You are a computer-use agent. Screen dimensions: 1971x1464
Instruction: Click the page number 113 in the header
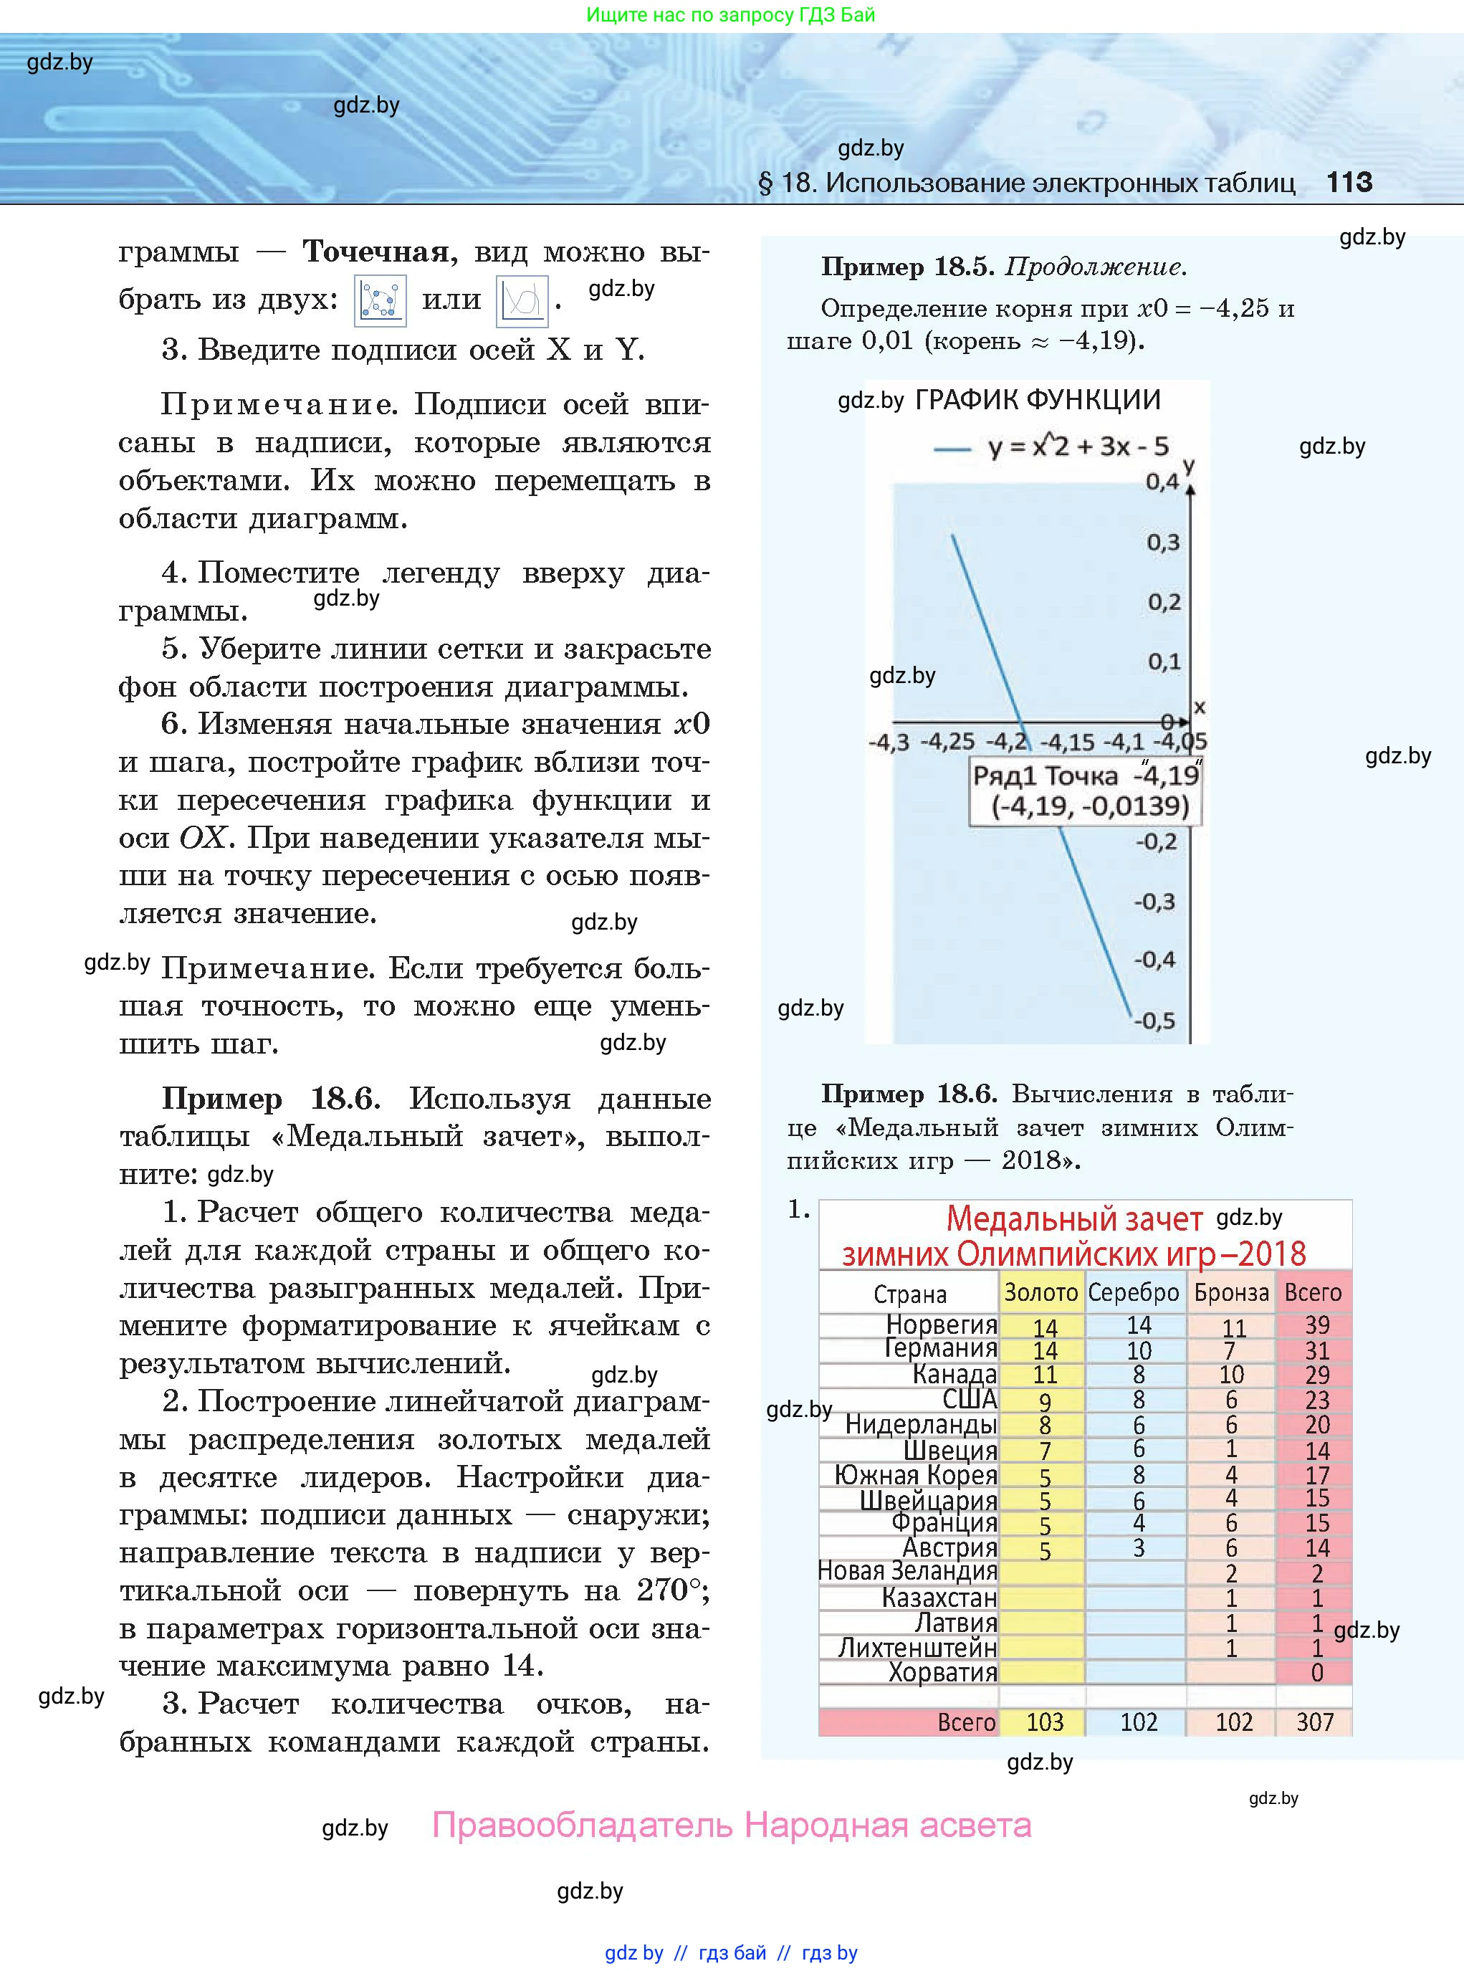(x=1349, y=183)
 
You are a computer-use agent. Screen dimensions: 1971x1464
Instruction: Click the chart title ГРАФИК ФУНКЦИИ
(x=1037, y=401)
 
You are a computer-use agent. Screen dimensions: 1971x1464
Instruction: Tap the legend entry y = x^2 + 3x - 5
(x=1078, y=447)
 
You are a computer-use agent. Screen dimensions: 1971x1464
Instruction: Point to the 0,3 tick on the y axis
(x=1163, y=543)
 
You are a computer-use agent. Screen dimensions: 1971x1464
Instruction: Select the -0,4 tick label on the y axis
(x=1154, y=960)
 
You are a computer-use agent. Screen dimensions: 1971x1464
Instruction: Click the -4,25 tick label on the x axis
(x=947, y=742)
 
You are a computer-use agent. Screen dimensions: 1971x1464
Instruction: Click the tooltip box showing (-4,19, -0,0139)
(x=1086, y=791)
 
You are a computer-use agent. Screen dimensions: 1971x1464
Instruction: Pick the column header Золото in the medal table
(x=1040, y=1293)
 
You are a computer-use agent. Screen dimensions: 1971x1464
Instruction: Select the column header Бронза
(x=1231, y=1293)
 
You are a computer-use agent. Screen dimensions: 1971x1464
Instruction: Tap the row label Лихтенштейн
(x=917, y=1648)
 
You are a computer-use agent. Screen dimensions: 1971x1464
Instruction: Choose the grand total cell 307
(x=1315, y=1722)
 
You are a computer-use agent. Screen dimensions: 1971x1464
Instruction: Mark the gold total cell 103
(x=1044, y=1722)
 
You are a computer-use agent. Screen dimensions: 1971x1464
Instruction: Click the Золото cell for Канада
(x=1045, y=1375)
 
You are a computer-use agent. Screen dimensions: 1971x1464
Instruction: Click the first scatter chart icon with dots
(x=381, y=301)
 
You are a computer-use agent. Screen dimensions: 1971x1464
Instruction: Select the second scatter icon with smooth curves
(x=521, y=301)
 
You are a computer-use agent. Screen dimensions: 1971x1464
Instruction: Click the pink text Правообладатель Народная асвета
(x=731, y=1826)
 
